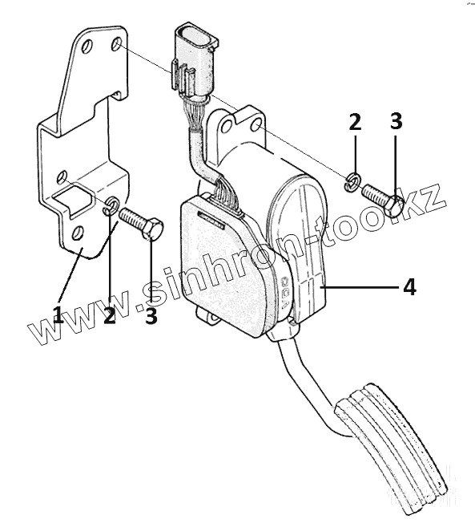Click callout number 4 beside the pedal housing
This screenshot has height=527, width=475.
click(409, 287)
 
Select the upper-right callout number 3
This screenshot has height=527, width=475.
click(397, 121)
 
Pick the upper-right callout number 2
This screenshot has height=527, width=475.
click(355, 122)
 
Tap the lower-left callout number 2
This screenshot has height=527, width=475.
click(110, 315)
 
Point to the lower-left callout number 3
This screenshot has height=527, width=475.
click(151, 315)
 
